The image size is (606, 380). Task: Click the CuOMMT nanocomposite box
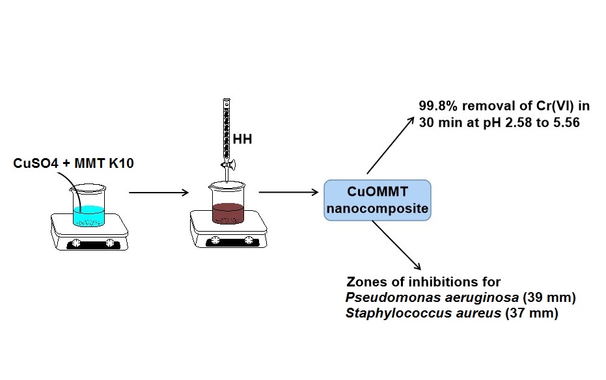378,200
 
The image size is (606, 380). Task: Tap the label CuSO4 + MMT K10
74,163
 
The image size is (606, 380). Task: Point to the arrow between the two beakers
159,193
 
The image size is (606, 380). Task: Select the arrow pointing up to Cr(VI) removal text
391,146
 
